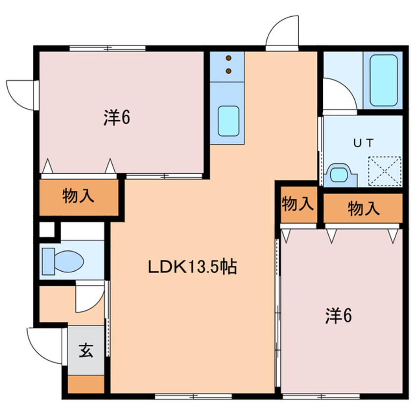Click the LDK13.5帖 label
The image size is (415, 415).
(x=192, y=267)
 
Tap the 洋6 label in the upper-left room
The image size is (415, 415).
(x=116, y=118)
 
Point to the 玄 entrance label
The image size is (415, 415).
(x=86, y=351)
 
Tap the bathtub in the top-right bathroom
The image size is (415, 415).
(x=383, y=80)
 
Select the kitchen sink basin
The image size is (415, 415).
(x=228, y=121)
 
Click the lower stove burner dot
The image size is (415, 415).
(x=228, y=71)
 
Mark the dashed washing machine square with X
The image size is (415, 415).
(x=385, y=171)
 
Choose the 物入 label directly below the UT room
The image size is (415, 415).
(x=363, y=208)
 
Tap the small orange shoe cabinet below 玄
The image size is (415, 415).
(x=86, y=384)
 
